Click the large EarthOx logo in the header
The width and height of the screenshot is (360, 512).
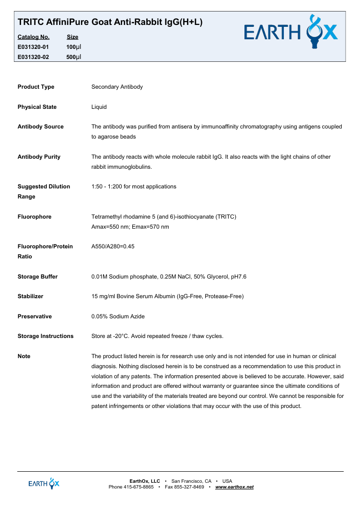(290, 32)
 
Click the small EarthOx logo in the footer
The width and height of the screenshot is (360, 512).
(44, 484)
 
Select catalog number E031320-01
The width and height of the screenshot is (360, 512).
(33, 47)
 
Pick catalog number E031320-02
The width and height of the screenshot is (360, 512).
(33, 57)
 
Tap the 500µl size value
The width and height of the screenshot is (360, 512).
(74, 57)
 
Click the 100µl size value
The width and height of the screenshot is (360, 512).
(74, 47)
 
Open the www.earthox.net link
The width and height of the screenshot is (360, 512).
(234, 487)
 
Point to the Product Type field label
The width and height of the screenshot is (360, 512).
(36, 87)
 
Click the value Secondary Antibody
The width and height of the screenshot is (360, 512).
(117, 87)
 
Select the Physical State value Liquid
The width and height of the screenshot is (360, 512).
(99, 107)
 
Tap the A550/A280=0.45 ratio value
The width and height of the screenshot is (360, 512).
(113, 246)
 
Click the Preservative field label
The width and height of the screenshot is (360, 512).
(35, 316)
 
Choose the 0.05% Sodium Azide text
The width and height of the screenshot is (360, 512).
(118, 316)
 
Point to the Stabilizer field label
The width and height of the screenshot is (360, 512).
(30, 296)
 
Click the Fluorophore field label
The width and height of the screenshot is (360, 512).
(35, 217)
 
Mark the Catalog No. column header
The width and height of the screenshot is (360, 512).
(34, 37)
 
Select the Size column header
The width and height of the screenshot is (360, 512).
(72, 37)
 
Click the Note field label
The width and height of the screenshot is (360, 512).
(24, 356)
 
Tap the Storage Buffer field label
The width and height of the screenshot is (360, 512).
(37, 277)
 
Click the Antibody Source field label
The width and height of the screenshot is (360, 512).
(40, 127)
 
